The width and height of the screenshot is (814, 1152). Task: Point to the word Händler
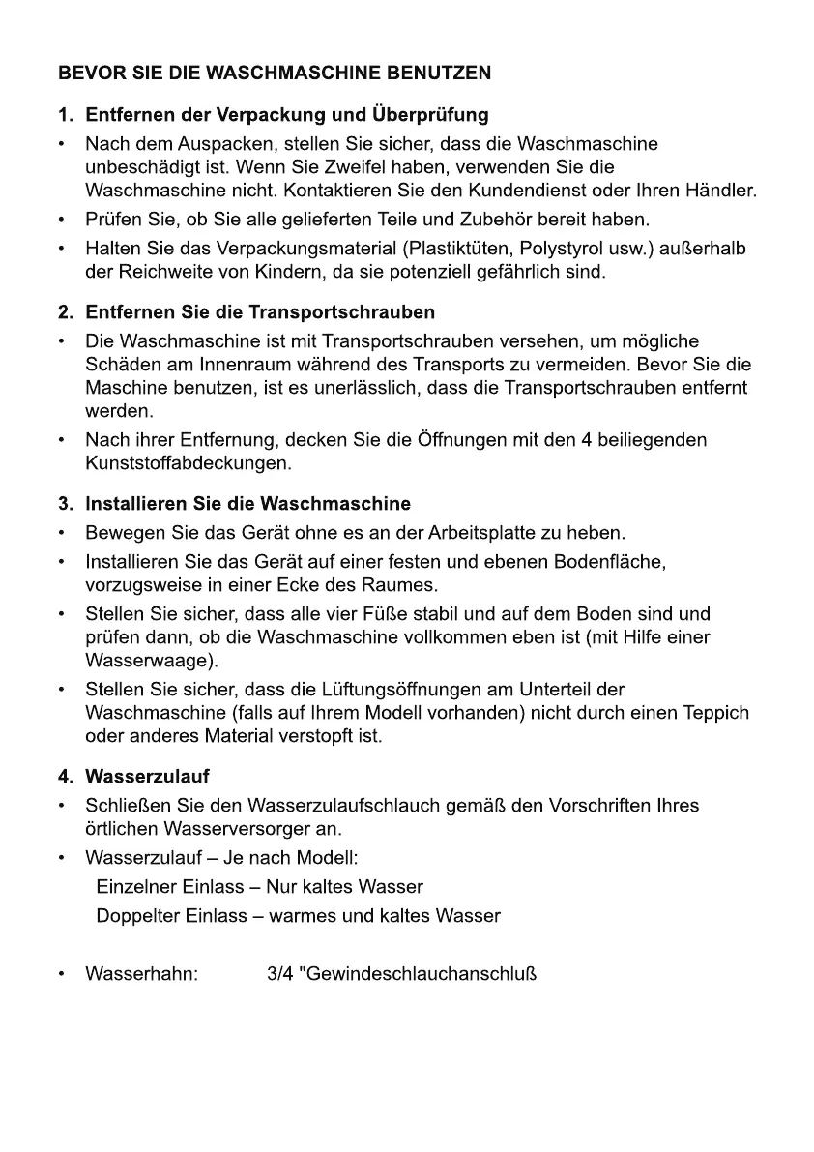[x=721, y=190]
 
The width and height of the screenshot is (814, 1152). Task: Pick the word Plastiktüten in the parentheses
[x=457, y=250]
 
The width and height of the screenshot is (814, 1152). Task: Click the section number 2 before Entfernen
[x=65, y=312]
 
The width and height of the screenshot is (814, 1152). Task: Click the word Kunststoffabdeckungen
[x=188, y=464]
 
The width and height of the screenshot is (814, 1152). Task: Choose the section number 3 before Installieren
[x=65, y=504]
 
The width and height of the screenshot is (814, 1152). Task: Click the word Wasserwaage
[x=145, y=662]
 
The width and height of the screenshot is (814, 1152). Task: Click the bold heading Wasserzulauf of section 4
[x=147, y=777]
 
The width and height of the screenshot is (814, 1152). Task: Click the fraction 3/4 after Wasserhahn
[x=280, y=973]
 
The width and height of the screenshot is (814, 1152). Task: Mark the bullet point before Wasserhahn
[x=63, y=973]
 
